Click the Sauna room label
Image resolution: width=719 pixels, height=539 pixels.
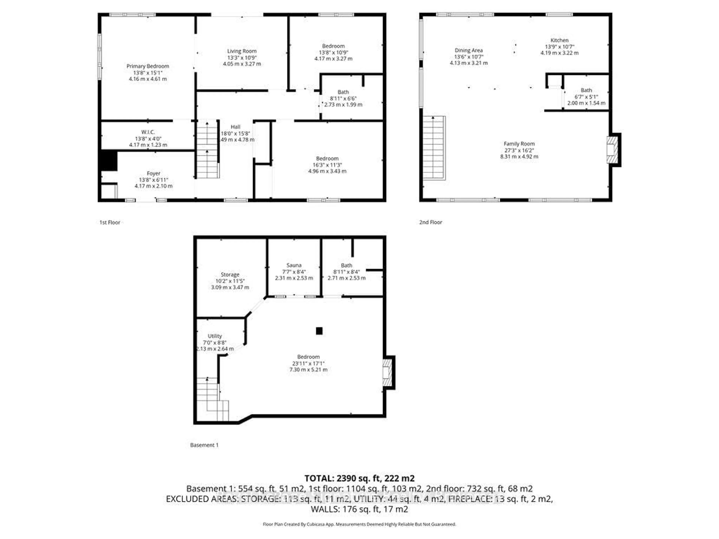(294, 265)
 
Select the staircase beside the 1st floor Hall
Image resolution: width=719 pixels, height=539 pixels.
(207, 150)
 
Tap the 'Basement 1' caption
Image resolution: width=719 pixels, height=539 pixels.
(204, 445)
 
